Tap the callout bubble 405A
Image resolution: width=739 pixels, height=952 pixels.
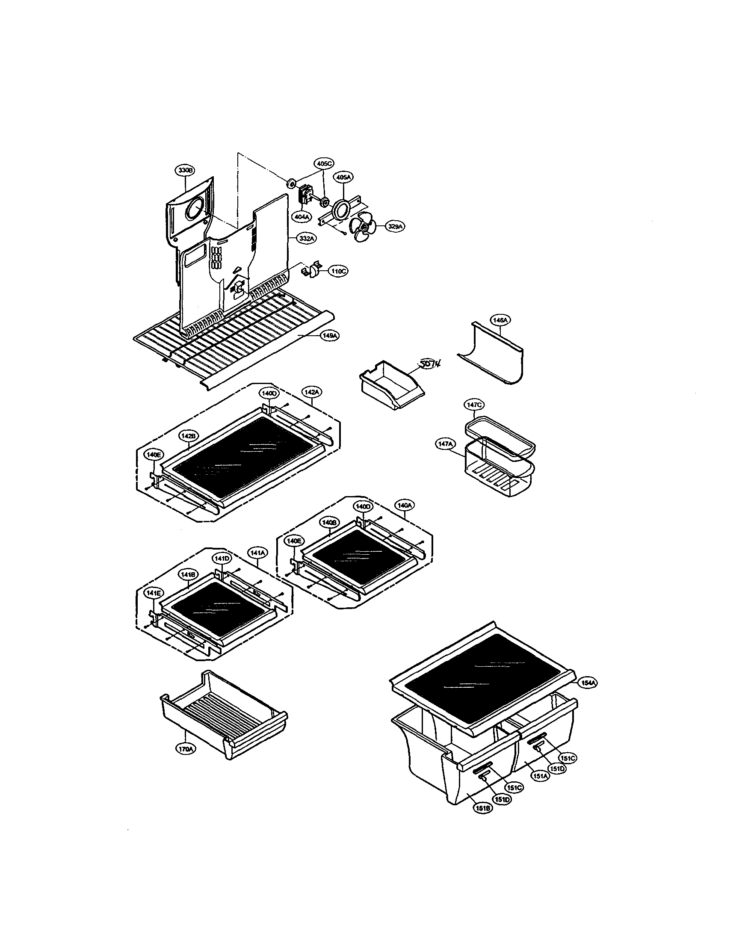[343, 177]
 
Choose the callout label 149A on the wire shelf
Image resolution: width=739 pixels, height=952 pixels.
[329, 336]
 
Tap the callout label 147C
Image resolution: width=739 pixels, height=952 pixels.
[473, 405]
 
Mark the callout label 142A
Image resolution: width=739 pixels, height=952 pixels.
[312, 392]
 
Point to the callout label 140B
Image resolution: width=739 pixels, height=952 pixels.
[329, 522]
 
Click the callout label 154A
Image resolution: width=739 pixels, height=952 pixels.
[587, 683]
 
